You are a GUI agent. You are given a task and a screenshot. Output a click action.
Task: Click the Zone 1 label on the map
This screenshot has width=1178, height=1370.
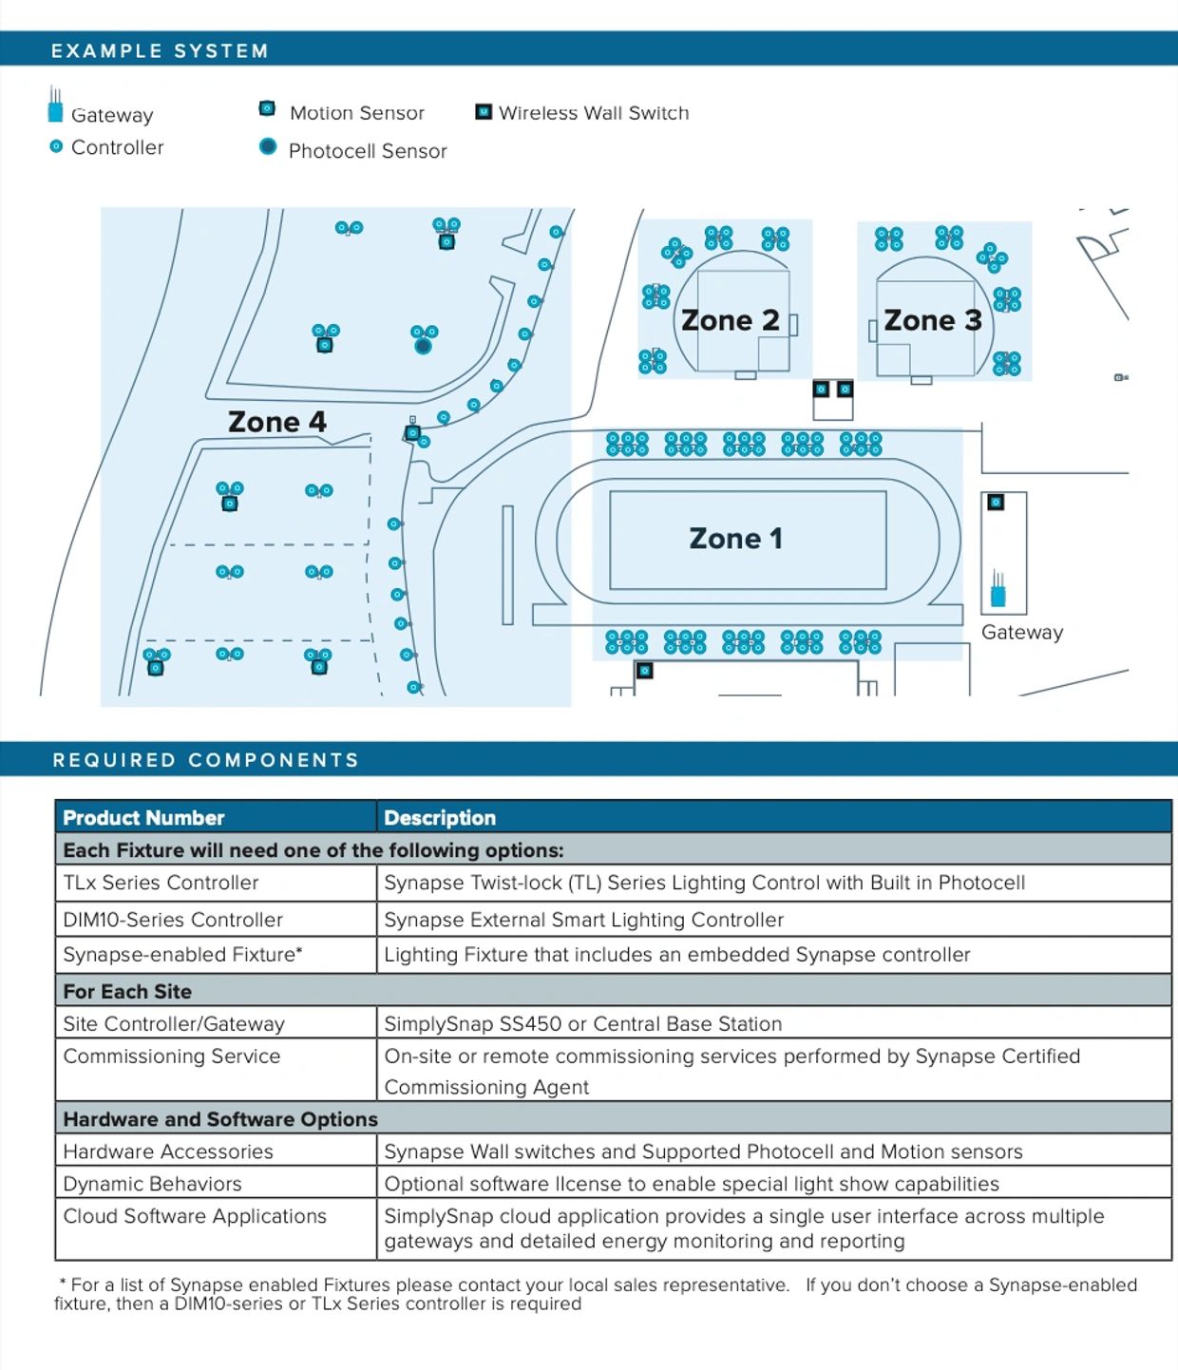(x=736, y=538)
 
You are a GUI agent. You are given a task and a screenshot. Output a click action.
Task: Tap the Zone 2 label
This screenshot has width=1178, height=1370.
(x=730, y=321)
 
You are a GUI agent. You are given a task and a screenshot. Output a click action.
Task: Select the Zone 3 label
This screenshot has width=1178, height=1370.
(x=932, y=321)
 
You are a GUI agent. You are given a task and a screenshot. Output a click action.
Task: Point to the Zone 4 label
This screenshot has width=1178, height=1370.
(x=277, y=422)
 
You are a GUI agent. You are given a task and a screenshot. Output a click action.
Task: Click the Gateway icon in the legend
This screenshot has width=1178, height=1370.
(x=55, y=105)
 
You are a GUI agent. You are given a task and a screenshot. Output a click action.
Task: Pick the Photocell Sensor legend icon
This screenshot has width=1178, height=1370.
(x=268, y=146)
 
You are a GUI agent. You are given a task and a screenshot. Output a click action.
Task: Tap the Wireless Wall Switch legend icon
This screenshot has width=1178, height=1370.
(x=484, y=112)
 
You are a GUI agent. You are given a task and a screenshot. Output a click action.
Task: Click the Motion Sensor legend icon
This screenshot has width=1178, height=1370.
(x=267, y=108)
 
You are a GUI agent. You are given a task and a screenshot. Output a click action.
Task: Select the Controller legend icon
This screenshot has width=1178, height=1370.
(x=56, y=146)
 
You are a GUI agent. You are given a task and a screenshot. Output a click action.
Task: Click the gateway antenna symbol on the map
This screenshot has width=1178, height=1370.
(x=997, y=588)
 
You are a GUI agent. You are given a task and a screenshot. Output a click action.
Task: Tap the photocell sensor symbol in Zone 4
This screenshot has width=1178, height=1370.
(x=423, y=345)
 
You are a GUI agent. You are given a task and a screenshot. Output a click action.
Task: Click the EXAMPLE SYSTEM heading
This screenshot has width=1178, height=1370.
(x=160, y=51)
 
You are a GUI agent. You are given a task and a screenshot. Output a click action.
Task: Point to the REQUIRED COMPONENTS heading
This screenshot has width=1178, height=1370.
(x=206, y=759)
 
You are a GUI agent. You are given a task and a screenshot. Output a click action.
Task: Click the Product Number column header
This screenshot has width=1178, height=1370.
(x=143, y=818)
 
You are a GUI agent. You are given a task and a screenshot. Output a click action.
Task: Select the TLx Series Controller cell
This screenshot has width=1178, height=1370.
(x=216, y=883)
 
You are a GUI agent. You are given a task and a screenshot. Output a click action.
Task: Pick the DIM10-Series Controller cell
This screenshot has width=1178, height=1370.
(x=216, y=920)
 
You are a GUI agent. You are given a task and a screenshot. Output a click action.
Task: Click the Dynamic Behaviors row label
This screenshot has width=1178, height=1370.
(x=152, y=1184)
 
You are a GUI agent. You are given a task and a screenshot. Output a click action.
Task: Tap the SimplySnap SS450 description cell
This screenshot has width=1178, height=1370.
(x=773, y=1024)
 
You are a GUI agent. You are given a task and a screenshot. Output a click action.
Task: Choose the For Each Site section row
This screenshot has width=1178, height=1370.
(x=613, y=991)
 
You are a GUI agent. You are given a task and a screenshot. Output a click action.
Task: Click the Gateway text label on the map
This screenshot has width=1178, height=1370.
(x=1022, y=633)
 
